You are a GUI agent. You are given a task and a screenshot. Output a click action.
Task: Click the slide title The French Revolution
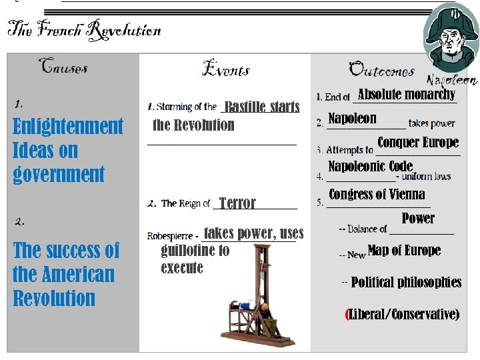pos(84,29)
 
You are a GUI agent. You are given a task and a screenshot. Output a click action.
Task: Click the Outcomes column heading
pos(381,69)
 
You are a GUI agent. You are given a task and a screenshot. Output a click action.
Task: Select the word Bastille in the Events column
pos(245,107)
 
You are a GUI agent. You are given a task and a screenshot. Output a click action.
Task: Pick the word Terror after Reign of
pos(237,203)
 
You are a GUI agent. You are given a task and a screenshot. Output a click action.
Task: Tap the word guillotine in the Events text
pos(195,251)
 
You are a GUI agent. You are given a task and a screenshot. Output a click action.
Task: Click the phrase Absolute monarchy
pos(407,95)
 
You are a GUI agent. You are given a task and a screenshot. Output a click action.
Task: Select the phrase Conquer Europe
pos(418,143)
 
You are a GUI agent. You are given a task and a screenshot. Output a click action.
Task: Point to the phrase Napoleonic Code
pos(370,166)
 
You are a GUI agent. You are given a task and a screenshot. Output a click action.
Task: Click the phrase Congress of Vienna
pos(377,195)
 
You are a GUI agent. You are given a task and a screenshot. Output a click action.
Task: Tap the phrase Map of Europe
pos(404,251)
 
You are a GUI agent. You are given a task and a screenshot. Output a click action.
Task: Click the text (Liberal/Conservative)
pos(403,314)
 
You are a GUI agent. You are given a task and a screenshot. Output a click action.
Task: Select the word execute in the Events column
pos(181,268)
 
